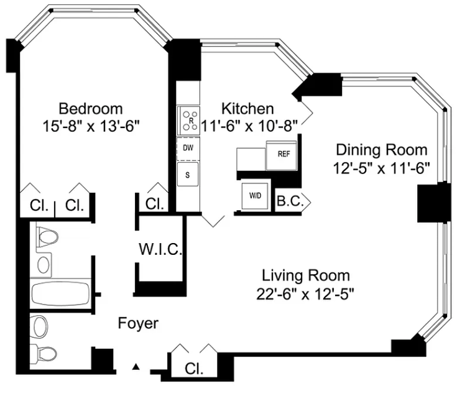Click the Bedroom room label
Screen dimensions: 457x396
tap(91, 109)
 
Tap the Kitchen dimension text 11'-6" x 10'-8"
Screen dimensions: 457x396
tap(249, 126)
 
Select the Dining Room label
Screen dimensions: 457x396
tap(382, 150)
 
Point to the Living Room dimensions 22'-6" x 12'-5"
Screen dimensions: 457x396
tap(305, 293)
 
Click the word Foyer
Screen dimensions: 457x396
tap(138, 323)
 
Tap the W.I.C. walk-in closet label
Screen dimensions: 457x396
tap(160, 249)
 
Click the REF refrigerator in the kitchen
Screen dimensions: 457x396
tap(282, 155)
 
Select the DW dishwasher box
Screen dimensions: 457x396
tap(188, 149)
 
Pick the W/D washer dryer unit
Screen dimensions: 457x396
tap(255, 196)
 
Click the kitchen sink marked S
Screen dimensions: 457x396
tap(188, 175)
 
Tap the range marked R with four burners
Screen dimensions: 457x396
tap(188, 121)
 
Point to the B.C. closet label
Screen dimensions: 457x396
tap(290, 201)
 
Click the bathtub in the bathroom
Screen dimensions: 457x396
tap(61, 293)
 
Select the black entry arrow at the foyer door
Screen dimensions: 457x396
tap(136, 367)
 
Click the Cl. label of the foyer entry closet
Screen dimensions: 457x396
tap(194, 369)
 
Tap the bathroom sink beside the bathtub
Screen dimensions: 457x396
tap(44, 265)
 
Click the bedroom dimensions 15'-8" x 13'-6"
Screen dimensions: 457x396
tap(91, 126)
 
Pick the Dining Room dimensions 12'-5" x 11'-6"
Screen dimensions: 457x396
tap(382, 168)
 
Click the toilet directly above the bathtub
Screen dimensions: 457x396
tap(47, 236)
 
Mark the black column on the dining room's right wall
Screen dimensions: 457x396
tap(432, 203)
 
